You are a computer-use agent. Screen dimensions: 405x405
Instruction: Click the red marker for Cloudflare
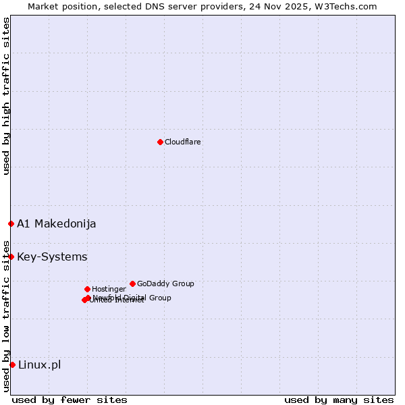point(160,142)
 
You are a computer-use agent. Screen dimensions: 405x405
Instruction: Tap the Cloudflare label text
point(182,142)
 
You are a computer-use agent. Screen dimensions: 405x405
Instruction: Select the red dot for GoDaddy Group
point(132,283)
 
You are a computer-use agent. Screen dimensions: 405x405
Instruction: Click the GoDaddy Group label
point(165,283)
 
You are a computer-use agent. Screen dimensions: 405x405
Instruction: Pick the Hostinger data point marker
point(87,289)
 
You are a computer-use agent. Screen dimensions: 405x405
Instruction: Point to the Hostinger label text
point(109,289)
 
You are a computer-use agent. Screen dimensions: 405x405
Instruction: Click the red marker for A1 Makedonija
point(11,223)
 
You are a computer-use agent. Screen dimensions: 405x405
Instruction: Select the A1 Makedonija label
point(56,223)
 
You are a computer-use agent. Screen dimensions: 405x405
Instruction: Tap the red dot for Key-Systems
point(11,256)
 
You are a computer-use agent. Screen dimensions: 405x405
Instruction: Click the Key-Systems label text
point(52,256)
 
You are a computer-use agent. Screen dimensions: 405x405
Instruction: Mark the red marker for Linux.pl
point(12,364)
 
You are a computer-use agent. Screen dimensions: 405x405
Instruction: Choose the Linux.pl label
point(39,364)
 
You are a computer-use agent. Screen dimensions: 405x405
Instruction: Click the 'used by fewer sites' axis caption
point(70,400)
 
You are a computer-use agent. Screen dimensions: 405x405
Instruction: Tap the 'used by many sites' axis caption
point(339,400)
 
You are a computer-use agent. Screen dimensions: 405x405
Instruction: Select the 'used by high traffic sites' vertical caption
point(6,96)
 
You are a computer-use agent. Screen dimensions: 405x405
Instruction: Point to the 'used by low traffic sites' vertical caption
point(6,315)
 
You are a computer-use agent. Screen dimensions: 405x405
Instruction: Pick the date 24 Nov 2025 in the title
point(290,6)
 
